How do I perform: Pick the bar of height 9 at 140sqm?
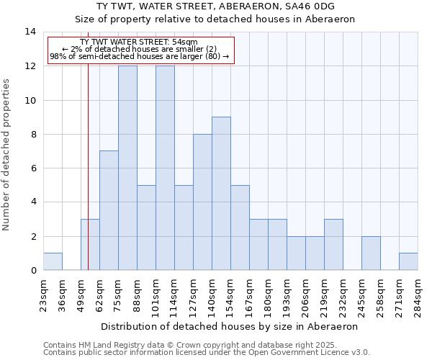pos(221,194)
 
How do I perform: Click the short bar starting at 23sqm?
pos(53,261)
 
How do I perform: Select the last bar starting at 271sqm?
pos(408,261)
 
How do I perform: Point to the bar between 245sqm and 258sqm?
pos(371,253)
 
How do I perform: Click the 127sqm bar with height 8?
pos(202,202)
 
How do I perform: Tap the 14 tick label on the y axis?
pos(30,32)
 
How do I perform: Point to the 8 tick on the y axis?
pos(33,134)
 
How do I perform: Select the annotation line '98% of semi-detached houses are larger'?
pos(139,56)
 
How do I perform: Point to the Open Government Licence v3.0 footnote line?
pos(207,353)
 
